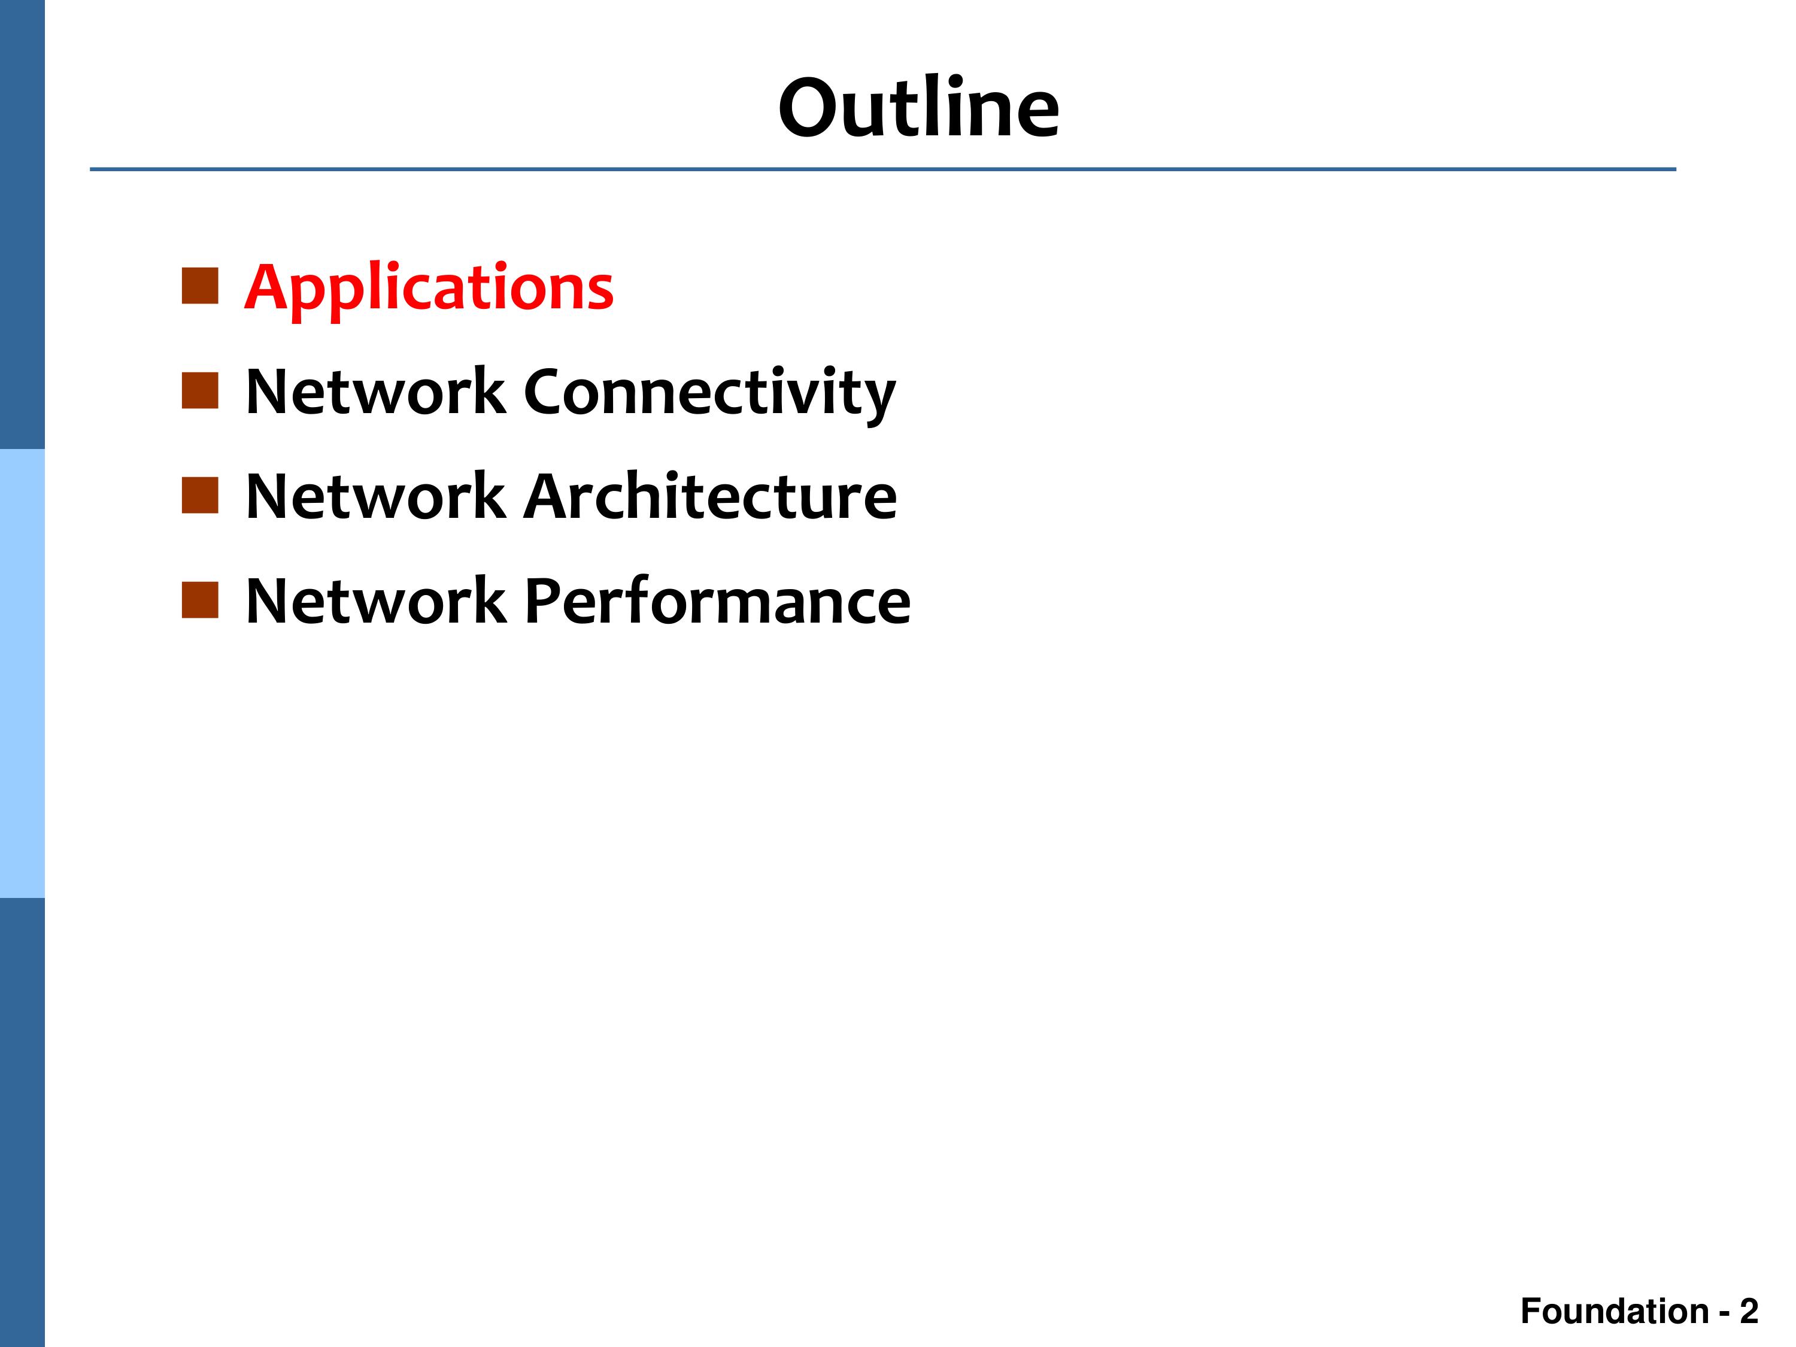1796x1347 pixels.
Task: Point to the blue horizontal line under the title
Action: click(882, 169)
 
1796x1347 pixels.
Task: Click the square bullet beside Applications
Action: click(200, 286)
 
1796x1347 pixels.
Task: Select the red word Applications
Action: click(429, 290)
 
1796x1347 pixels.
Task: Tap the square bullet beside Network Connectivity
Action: click(200, 390)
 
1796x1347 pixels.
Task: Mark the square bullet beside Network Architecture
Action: click(200, 495)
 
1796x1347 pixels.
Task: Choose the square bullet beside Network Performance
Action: click(200, 600)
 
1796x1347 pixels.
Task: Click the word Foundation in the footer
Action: click(1615, 1311)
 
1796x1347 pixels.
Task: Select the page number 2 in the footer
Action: click(1749, 1311)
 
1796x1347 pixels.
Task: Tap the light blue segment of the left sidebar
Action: click(22, 673)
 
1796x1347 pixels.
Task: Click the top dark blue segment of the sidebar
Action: click(22, 224)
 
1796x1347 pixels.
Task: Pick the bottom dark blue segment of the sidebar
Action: click(22, 1122)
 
